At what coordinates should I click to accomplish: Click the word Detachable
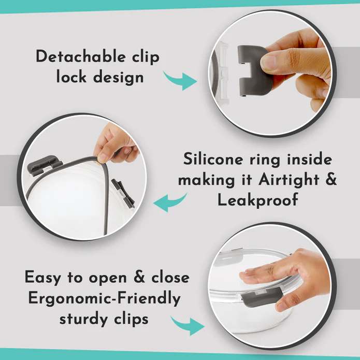click(x=80, y=56)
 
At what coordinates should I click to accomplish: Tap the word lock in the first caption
click(x=71, y=77)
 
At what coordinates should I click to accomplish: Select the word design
click(x=119, y=78)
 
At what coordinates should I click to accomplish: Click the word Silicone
click(x=213, y=159)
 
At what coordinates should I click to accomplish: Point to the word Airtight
click(x=289, y=180)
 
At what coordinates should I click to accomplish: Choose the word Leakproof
click(x=257, y=200)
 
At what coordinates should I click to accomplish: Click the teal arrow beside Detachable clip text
click(x=181, y=80)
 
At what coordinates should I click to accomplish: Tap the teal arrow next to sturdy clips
click(x=188, y=326)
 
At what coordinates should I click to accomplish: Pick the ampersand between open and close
click(x=139, y=277)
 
